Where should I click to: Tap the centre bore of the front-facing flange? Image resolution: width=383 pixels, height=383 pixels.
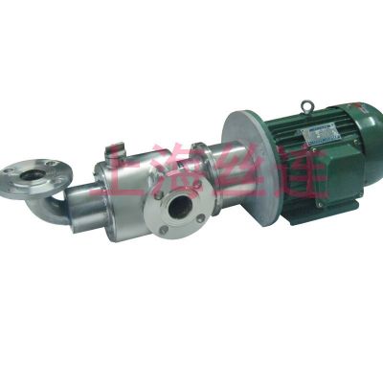(178, 209)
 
